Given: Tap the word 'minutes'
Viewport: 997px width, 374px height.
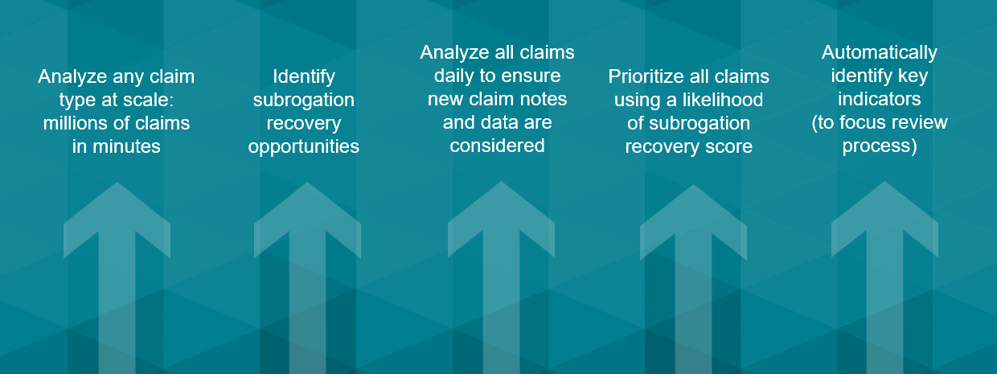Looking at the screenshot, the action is [126, 146].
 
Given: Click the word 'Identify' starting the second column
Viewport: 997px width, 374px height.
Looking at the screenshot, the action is [304, 77].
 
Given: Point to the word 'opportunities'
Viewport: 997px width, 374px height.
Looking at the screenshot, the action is [304, 147].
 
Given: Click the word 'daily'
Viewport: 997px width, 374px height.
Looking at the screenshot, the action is [453, 76].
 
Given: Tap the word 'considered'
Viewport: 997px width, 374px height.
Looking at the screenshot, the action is [497, 146].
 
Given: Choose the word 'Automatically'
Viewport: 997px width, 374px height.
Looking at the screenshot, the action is [880, 53].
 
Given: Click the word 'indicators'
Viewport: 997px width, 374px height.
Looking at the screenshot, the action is [880, 99].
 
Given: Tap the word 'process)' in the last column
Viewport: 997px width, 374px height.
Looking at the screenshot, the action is [880, 146].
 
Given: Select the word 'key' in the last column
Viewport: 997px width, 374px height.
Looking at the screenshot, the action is [913, 76].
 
